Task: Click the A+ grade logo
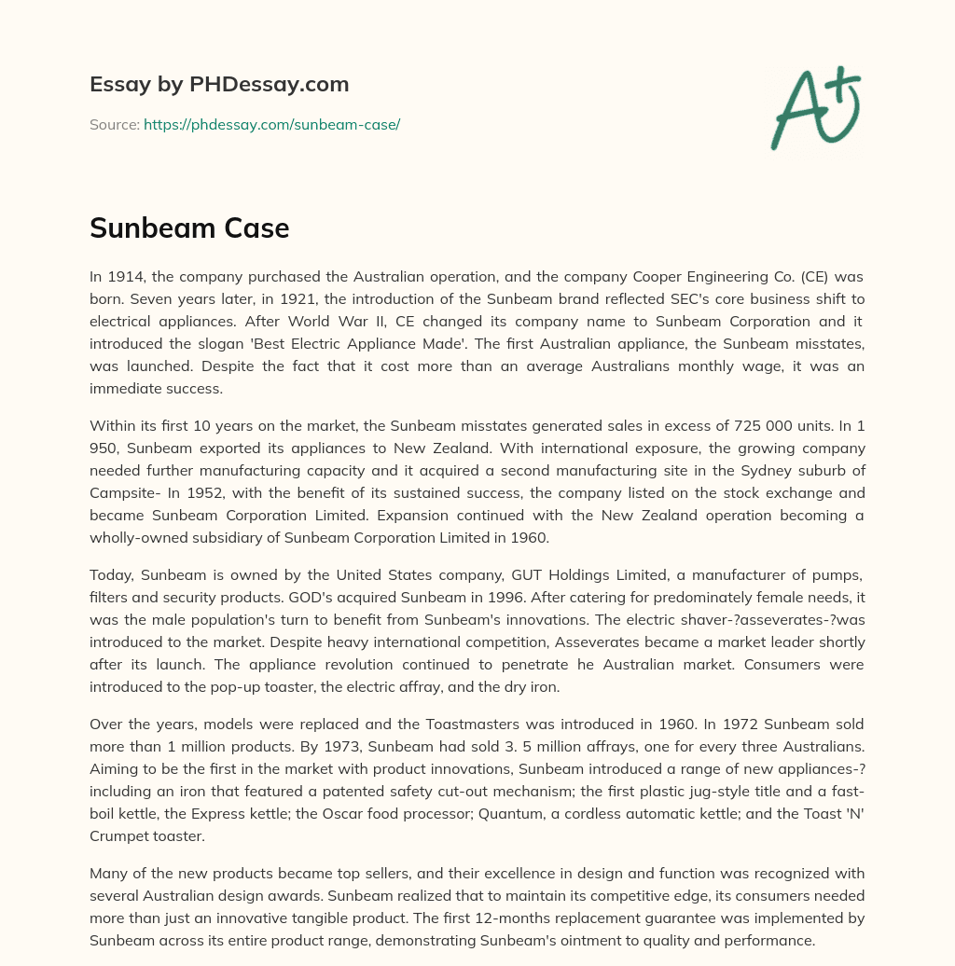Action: [816, 108]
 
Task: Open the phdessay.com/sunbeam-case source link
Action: [271, 124]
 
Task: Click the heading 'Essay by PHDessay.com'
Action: [219, 84]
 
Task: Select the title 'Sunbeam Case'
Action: [189, 228]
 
